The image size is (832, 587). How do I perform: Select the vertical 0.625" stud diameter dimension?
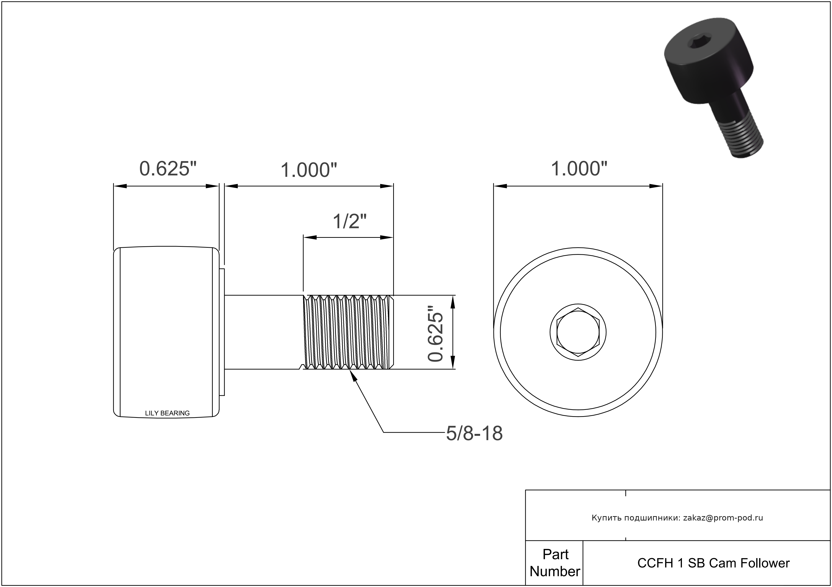(435, 333)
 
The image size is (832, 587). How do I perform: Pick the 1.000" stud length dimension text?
(309, 170)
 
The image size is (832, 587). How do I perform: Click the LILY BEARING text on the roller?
(167, 413)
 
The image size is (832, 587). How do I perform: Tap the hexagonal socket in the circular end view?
(578, 332)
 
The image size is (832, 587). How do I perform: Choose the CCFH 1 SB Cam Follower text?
(713, 563)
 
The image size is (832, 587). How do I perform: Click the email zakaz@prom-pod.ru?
(723, 518)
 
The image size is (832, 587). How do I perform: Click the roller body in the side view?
(166, 332)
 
